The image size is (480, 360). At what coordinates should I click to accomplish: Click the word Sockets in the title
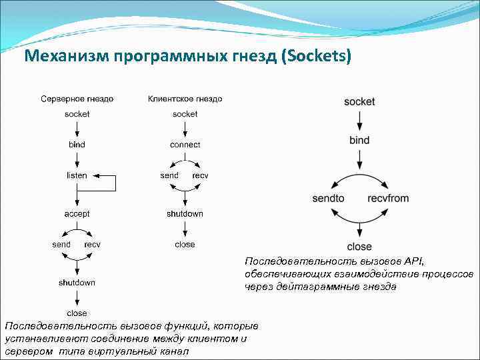tap(315, 56)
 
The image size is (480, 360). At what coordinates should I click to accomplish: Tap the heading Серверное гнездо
tap(77, 99)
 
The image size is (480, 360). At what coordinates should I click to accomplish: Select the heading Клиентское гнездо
tap(185, 99)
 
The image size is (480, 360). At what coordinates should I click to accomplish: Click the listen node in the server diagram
tap(77, 175)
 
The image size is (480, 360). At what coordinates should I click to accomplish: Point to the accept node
tap(77, 214)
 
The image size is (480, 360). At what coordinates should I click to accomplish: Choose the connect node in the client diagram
tap(185, 145)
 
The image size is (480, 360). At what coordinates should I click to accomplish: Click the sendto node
tap(328, 199)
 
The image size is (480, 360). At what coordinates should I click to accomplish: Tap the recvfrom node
tap(388, 199)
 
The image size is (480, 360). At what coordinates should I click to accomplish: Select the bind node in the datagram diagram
tap(359, 140)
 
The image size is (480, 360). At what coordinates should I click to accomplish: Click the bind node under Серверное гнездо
tap(77, 145)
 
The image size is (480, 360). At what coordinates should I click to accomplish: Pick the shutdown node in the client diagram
tap(185, 214)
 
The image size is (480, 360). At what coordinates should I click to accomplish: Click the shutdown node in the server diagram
tap(77, 283)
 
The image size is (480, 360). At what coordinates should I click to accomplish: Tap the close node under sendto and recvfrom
tap(359, 247)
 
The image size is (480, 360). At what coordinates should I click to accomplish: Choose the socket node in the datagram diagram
tap(359, 102)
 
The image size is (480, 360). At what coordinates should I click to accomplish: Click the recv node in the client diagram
tap(200, 175)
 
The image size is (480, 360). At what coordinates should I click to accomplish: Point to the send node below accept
tap(61, 245)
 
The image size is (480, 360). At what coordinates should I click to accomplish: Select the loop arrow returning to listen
tap(115, 183)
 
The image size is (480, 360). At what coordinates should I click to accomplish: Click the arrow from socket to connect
tap(185, 129)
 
